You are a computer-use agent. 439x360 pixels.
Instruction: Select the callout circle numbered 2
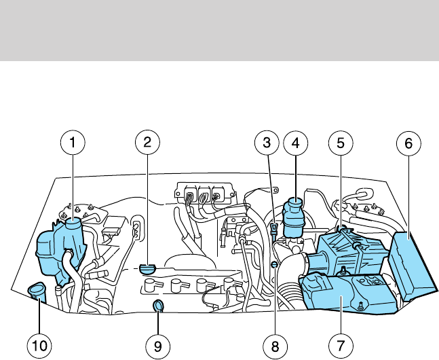click(147, 143)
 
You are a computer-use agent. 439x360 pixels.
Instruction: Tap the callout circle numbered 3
click(267, 143)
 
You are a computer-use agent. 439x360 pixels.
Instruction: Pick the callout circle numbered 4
click(296, 143)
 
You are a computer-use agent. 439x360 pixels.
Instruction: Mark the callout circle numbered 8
click(275, 346)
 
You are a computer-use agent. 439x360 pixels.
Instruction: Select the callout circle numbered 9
click(157, 346)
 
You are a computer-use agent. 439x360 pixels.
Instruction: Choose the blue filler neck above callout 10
click(36, 293)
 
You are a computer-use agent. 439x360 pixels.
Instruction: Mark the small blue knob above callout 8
click(273, 264)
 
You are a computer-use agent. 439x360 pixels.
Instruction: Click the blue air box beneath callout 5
click(346, 255)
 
